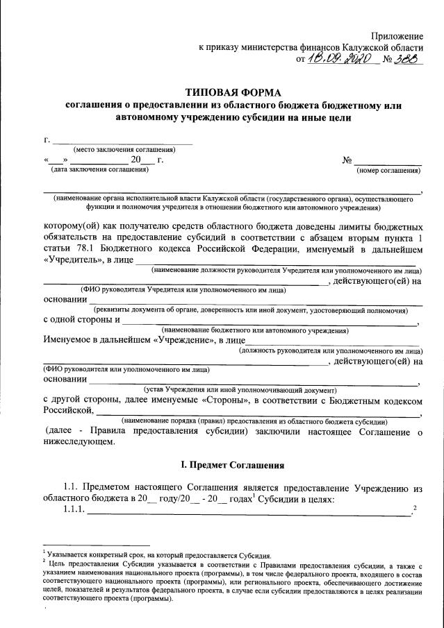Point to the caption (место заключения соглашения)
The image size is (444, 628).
pyautogui.click(x=124, y=150)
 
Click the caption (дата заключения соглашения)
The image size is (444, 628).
pyautogui.click(x=98, y=169)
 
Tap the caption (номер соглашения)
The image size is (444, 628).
pyautogui.click(x=388, y=169)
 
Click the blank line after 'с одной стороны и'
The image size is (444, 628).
pyautogui.click(x=271, y=321)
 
